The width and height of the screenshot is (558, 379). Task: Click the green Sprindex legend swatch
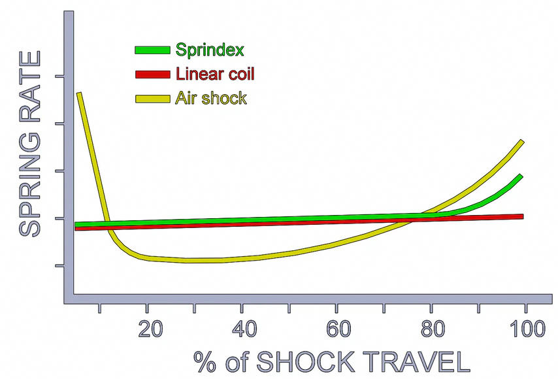coord(153,50)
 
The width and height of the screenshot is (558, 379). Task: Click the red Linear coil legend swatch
coord(153,74)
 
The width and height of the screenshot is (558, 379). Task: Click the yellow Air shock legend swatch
coord(153,99)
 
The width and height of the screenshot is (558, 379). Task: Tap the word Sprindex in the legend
coord(210,50)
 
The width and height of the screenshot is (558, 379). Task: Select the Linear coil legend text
coord(215,74)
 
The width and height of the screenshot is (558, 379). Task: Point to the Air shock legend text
coord(211,98)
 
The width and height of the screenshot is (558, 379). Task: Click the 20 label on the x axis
coord(150,329)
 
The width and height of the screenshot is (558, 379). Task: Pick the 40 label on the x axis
coord(244,329)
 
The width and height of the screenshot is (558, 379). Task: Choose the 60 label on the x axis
coord(338,329)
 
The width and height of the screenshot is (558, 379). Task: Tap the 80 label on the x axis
coord(433,329)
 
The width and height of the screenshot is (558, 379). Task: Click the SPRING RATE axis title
coord(30,144)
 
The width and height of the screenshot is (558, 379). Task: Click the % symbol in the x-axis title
coord(205,362)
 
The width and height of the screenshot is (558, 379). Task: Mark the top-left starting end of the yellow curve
coord(79,93)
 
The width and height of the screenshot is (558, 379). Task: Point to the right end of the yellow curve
coord(522,141)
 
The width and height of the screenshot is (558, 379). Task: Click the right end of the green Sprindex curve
coord(520,176)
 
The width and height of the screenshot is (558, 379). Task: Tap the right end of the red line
coord(523,216)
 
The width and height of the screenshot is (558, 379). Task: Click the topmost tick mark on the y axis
coord(59,76)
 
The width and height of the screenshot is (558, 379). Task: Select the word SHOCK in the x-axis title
coord(306,362)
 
